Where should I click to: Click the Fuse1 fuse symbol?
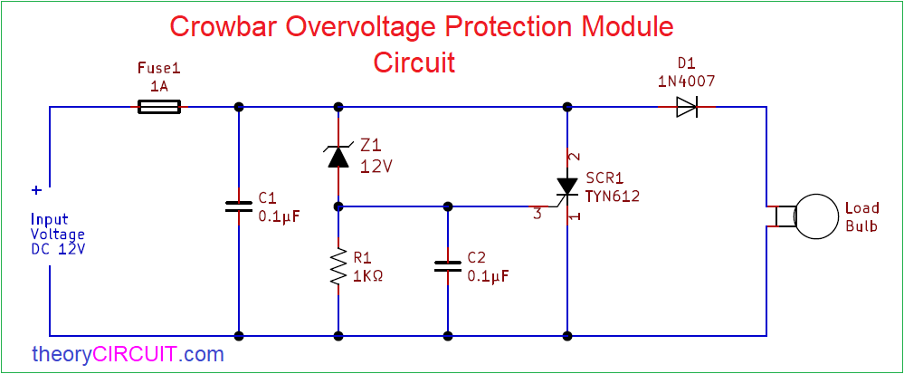[x=159, y=107]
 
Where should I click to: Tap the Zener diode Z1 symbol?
[x=338, y=156]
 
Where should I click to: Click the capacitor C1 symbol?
[x=239, y=206]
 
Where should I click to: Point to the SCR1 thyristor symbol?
[x=566, y=187]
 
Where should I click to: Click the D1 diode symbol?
[x=686, y=107]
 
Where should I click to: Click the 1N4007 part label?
[x=686, y=81]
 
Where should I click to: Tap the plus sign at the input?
[x=37, y=190]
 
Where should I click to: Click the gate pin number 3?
[x=537, y=214]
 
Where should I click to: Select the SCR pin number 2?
[x=573, y=156]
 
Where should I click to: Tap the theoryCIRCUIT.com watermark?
[x=128, y=354]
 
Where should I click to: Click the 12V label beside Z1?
[x=376, y=167]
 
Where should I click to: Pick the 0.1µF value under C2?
[x=488, y=275]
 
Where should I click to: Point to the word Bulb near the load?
[x=861, y=226]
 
